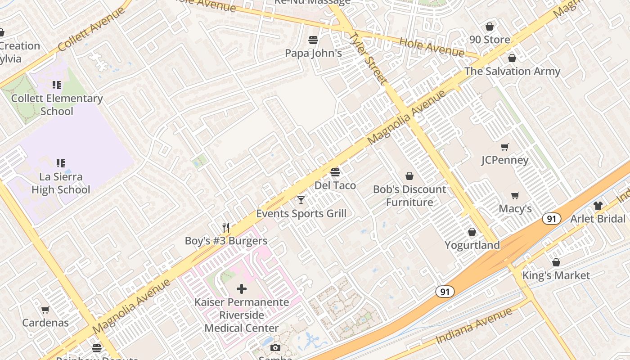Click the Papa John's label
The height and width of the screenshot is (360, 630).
pyautogui.click(x=313, y=53)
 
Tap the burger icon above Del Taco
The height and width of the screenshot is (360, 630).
pyautogui.click(x=335, y=172)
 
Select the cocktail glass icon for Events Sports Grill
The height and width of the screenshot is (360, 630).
pyautogui.click(x=301, y=200)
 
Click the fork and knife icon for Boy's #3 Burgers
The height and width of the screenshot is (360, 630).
pyautogui.click(x=226, y=228)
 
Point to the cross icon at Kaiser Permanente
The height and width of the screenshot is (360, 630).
pyautogui.click(x=242, y=288)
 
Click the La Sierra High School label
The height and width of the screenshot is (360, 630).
pyautogui.click(x=61, y=183)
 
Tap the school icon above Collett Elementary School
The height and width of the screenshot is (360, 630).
pyautogui.click(x=57, y=85)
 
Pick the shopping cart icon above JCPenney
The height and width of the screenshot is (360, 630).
pyautogui.click(x=504, y=147)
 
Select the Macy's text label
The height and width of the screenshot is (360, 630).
pyautogui.click(x=515, y=209)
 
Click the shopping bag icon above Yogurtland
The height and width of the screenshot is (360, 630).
pyautogui.click(x=472, y=232)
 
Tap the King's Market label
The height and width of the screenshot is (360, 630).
pyautogui.click(x=556, y=275)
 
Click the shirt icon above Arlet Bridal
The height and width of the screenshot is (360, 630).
pyautogui.click(x=598, y=206)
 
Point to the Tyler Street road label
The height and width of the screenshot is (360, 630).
pyautogui.click(x=368, y=58)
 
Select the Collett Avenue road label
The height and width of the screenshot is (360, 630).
pyautogui.click(x=91, y=29)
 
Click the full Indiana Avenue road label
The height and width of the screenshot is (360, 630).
pyautogui.click(x=474, y=327)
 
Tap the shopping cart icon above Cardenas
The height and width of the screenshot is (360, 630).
pyautogui.click(x=45, y=310)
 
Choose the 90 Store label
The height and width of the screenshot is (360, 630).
pyautogui.click(x=490, y=40)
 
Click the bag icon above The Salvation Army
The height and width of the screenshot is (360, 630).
pyautogui.click(x=512, y=58)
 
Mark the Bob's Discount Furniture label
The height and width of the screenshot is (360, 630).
pyautogui.click(x=409, y=196)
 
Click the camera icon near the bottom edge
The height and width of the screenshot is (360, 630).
pyautogui.click(x=275, y=347)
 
